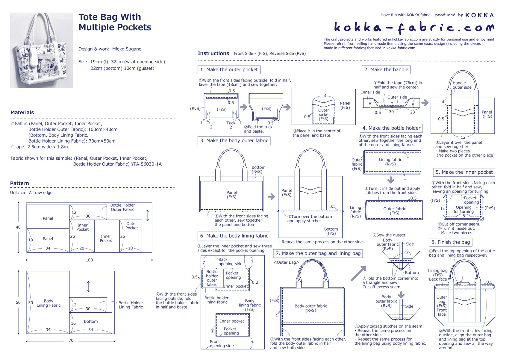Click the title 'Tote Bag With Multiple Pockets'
coord(115,22)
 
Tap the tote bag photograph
coord(41,50)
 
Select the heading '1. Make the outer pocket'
coord(229,70)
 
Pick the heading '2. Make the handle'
coord(386,70)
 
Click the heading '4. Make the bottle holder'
coord(391,128)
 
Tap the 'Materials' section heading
coord(22,113)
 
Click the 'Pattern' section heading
coord(19,183)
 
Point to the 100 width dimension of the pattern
coord(89,260)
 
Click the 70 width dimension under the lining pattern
coord(71,341)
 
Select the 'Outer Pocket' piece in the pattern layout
coord(131,226)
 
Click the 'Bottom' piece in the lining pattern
coord(91,321)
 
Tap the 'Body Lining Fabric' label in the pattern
coord(49,303)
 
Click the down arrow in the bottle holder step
coord(390,180)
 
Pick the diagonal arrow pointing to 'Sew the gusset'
coord(358,273)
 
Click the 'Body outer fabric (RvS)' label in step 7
coord(311,308)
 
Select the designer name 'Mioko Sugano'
coord(127,49)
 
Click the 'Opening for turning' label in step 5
coord(463,209)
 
